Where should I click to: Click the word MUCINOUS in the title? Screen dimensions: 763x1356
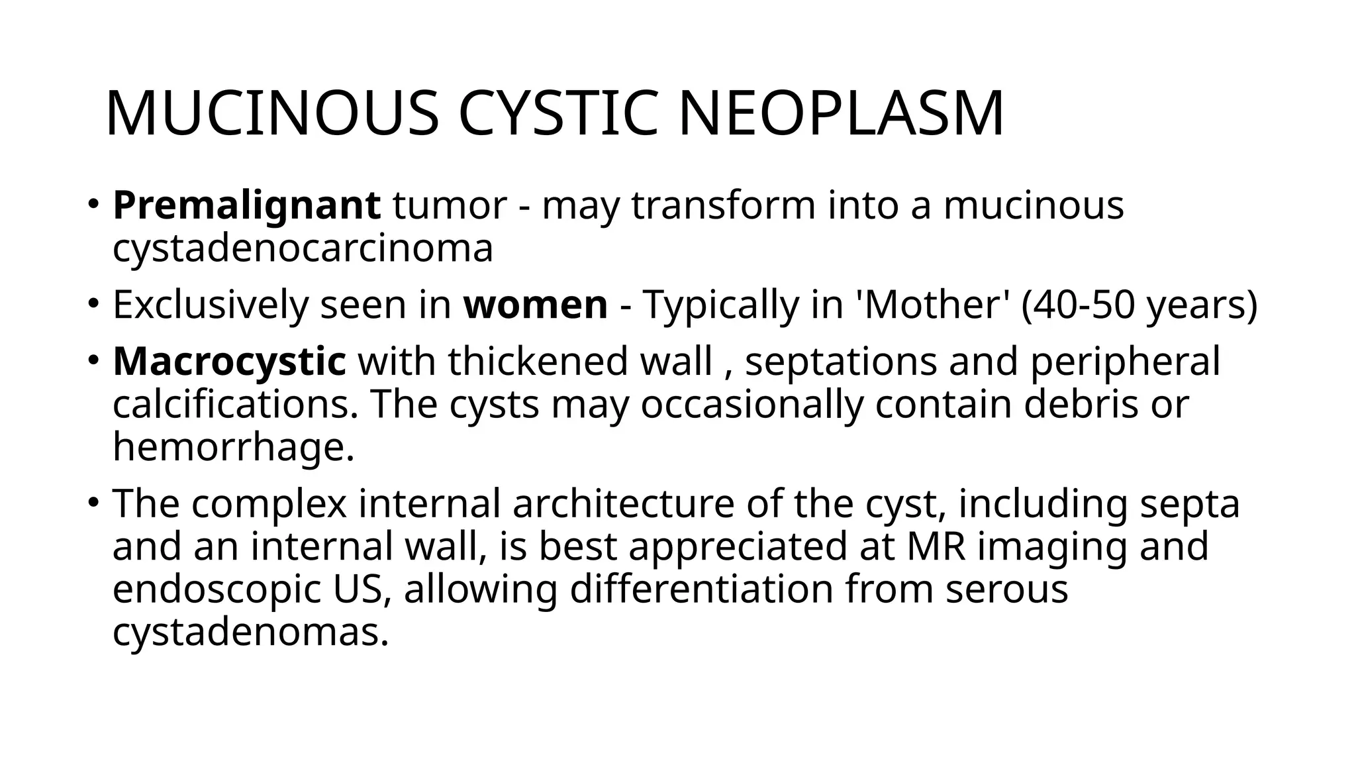point(271,114)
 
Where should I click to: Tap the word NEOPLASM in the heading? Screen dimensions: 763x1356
point(841,114)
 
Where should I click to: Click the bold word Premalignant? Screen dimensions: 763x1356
point(246,205)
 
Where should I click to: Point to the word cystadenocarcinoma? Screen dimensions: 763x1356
point(303,248)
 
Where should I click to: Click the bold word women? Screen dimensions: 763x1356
point(536,305)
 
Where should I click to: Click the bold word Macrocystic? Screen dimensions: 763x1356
point(229,362)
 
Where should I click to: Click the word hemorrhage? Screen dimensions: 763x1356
point(234,447)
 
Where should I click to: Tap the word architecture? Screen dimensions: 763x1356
point(623,503)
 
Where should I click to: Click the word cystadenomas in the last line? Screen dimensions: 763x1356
point(250,633)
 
